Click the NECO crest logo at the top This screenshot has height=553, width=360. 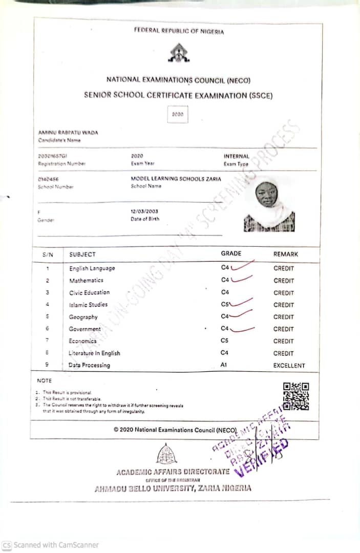pos(178,53)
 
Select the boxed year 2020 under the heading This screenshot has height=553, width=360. pos(178,114)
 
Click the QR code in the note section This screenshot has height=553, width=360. pos(296,396)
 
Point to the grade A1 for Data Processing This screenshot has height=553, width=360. pos(224,365)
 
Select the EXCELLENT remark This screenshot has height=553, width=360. pos(289,366)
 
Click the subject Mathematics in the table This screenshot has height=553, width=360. pos(86,281)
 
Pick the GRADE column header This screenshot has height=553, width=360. pos(231,253)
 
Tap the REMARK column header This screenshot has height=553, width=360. pos(285,254)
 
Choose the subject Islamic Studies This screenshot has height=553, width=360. pos(88,305)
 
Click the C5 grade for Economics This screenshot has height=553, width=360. pos(224,341)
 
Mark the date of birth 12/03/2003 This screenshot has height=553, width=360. pos(145,211)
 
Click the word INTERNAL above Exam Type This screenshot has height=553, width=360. pos(236,156)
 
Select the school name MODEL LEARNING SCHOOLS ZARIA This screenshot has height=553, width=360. pos(176,179)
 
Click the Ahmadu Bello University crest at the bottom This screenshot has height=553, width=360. pos(166,454)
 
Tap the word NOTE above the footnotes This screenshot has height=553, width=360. pos(44,380)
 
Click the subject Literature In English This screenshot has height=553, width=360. pos(94,353)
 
